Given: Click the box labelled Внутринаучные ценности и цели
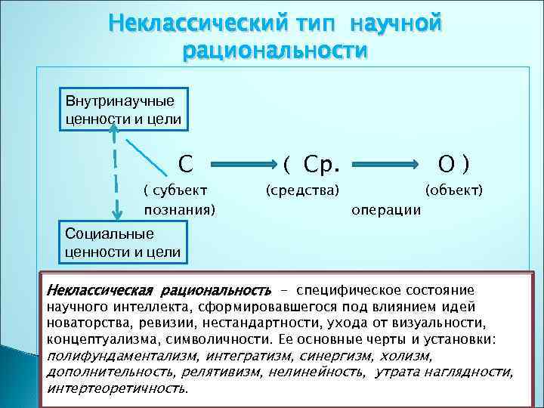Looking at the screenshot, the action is [x=120, y=110].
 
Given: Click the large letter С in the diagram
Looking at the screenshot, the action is [x=185, y=162].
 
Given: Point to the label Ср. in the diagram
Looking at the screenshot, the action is [x=322, y=162].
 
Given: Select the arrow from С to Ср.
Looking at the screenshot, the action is [x=240, y=163].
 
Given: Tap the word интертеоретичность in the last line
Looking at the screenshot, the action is [x=117, y=388].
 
